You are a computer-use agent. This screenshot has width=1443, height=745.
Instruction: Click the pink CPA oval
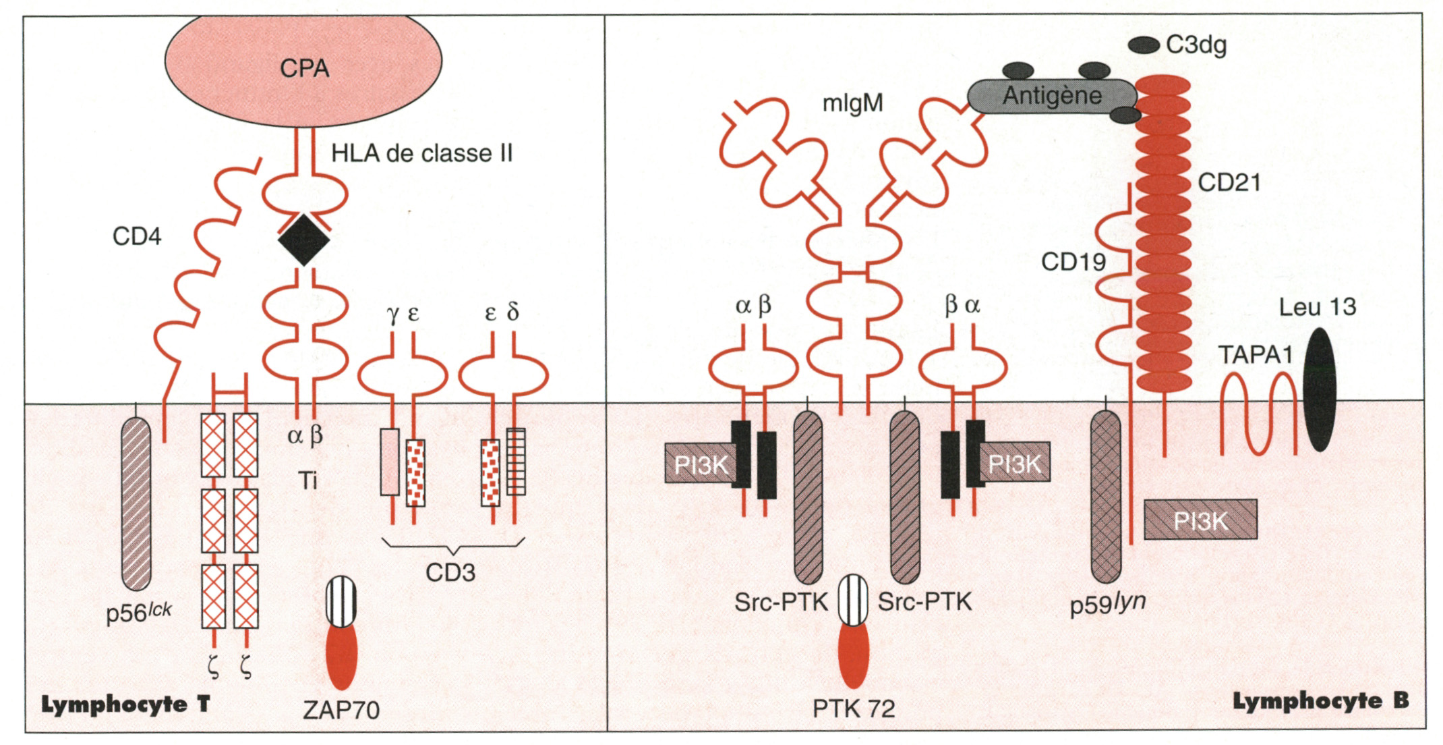point(303,67)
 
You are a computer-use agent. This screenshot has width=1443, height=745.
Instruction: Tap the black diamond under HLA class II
point(304,240)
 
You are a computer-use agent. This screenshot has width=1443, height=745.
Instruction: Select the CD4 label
point(137,237)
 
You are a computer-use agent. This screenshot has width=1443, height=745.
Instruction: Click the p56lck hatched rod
point(136,503)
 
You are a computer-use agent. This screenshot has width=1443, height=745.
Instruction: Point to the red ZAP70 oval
point(341,655)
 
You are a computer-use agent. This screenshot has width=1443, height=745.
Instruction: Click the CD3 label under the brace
point(450,573)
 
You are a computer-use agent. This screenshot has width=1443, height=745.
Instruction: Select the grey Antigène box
point(1052,96)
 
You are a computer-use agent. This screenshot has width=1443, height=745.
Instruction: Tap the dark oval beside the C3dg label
point(1144,45)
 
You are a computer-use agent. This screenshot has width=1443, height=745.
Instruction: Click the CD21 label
point(1229,183)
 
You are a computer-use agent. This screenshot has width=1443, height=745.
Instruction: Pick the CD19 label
point(1073,262)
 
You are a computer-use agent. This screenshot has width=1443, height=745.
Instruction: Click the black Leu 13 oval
point(1320,389)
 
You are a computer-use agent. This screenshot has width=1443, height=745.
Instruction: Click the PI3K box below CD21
point(1200,520)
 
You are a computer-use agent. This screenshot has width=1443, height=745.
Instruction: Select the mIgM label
point(852,103)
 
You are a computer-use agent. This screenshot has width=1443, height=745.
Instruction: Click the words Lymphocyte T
point(125,705)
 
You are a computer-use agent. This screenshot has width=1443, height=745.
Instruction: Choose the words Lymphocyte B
point(1320,701)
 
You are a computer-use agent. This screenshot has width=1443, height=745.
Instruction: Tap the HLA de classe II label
point(422,154)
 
